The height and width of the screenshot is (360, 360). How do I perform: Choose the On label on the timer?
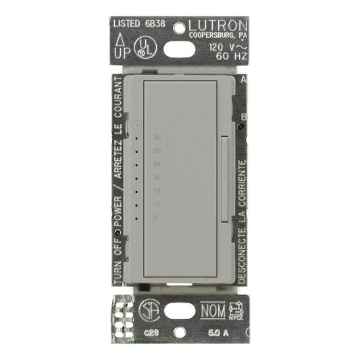click(157, 137)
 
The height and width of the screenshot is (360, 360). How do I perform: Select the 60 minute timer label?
click(157, 151)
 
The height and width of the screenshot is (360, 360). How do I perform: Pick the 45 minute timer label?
click(157, 164)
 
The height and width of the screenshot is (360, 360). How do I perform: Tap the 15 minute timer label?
click(157, 191)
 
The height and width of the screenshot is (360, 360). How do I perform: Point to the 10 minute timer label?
click(157, 204)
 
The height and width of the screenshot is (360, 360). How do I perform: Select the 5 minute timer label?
click(155, 217)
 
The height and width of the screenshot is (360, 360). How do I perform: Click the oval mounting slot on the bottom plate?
click(178, 315)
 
